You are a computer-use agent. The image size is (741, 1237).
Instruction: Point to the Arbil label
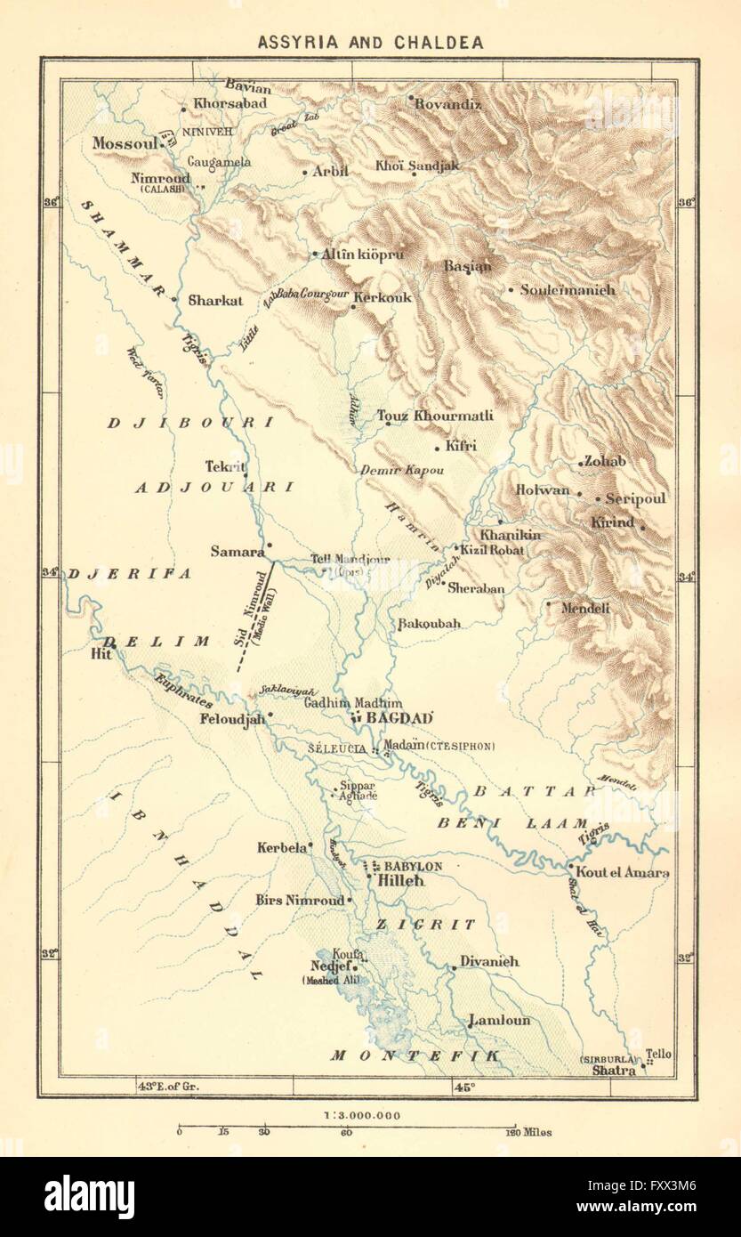[330, 172]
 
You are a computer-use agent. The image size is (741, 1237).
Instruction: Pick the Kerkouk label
[383, 298]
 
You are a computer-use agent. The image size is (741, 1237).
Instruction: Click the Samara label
[238, 551]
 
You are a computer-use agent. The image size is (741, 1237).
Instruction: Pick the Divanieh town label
[489, 962]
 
